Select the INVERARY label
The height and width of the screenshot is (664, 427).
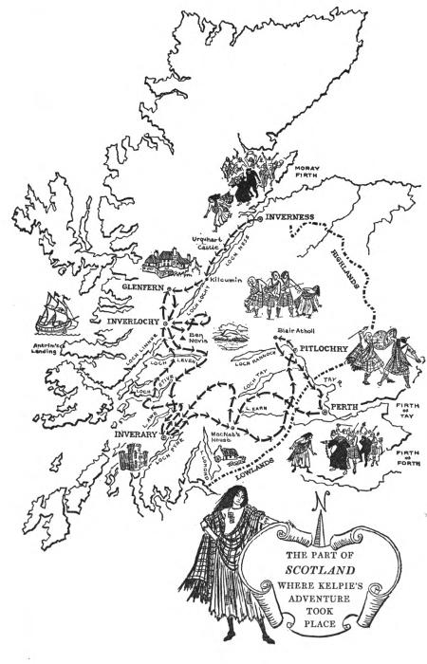[116, 435]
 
